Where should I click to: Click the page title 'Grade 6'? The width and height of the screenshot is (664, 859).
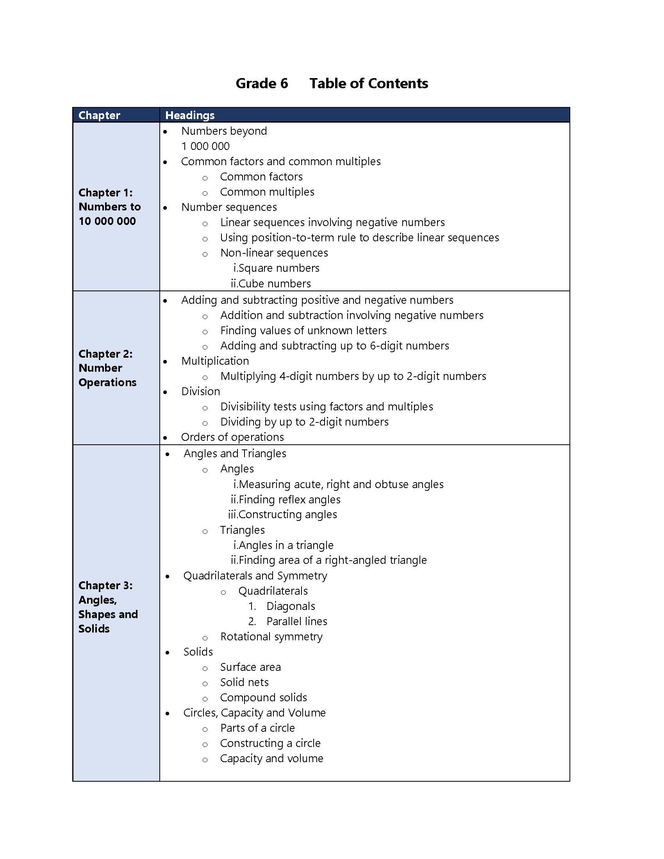262,84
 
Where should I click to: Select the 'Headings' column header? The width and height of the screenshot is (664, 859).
189,115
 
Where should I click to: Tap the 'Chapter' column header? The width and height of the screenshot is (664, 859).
99,115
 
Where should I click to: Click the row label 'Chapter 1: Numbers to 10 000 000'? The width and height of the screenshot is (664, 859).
109,207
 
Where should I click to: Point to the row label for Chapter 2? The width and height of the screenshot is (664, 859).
107,368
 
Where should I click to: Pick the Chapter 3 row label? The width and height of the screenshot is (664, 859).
108,607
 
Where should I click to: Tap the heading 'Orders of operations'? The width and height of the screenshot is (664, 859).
232,437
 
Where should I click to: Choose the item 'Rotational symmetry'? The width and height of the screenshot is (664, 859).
271,636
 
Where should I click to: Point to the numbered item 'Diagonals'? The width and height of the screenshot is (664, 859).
290,606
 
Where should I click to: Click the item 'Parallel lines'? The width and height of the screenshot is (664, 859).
296,622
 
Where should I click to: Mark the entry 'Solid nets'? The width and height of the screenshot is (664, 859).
244,682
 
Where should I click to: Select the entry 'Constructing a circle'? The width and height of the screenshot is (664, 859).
270,743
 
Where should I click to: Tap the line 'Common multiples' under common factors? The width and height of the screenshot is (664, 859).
267,192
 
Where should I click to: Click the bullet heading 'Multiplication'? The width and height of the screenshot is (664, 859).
215,361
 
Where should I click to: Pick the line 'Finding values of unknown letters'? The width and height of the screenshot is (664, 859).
303,330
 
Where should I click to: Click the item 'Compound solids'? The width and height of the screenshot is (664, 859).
263,697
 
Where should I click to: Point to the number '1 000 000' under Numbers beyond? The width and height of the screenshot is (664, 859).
205,146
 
